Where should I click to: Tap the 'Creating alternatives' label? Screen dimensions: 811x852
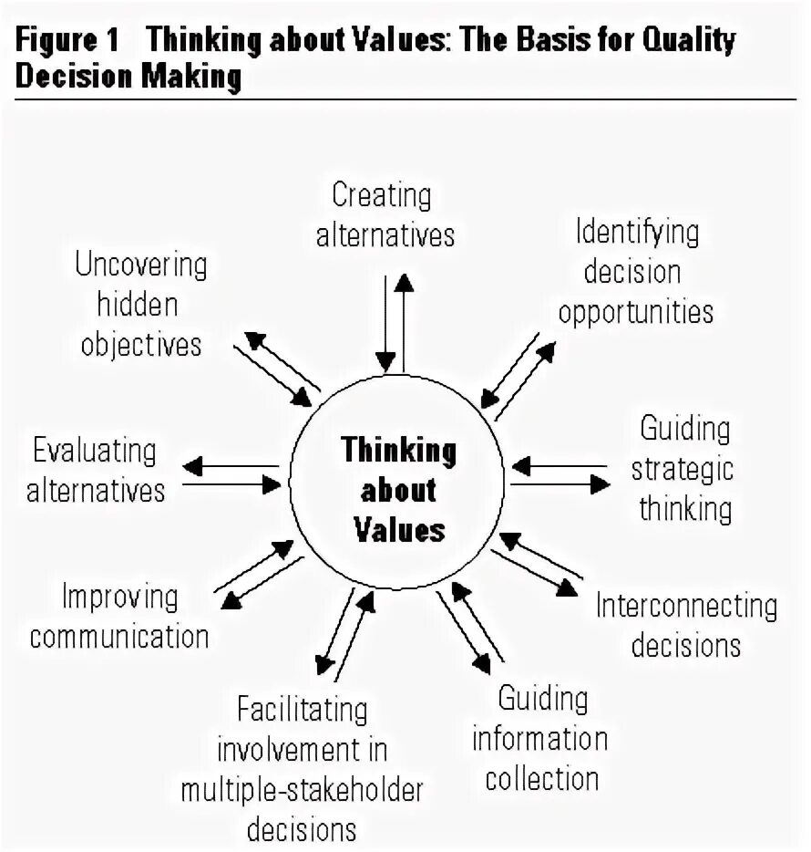click(384, 214)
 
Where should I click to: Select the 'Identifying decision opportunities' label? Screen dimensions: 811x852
click(635, 271)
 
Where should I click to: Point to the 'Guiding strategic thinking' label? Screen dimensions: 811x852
click(684, 468)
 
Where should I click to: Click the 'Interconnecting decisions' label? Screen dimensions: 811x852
click(686, 625)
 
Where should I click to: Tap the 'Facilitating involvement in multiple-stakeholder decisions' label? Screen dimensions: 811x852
click(302, 769)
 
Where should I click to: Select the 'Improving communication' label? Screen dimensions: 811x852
click(119, 616)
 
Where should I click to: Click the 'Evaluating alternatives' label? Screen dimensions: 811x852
click(95, 470)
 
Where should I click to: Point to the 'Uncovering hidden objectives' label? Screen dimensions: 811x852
click(140, 305)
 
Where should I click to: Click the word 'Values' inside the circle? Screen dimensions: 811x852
click(398, 529)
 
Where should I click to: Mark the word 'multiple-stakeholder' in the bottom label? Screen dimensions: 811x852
click(302, 790)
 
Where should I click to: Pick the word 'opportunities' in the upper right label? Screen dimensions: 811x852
click(635, 311)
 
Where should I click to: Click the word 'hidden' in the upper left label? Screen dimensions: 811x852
click(138, 305)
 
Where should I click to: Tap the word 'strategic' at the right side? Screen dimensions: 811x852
click(683, 468)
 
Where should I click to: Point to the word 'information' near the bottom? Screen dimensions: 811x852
click(539, 739)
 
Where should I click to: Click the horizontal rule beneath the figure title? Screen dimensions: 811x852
click(405, 99)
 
